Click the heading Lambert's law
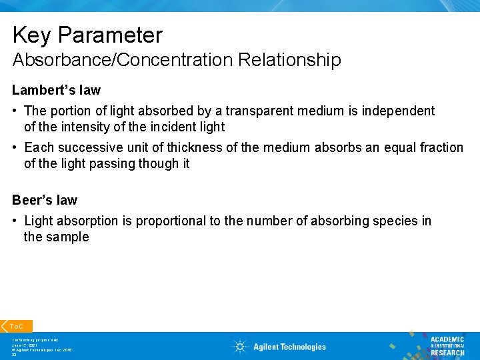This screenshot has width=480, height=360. coord(56,90)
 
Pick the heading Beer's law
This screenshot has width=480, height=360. coord(45,200)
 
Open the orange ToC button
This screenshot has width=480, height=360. coord(16,326)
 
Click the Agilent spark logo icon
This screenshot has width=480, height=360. coord(239,347)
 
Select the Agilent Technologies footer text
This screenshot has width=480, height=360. coord(289,347)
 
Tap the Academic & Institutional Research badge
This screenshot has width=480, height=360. coord(447,345)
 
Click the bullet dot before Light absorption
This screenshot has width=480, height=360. coord(15,221)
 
